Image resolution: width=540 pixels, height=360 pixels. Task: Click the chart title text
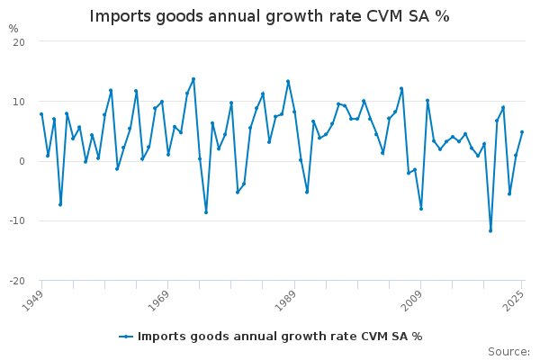click(x=269, y=17)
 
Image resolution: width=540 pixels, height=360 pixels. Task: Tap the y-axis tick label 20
click(x=19, y=42)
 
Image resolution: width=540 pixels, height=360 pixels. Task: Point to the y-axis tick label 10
click(x=19, y=102)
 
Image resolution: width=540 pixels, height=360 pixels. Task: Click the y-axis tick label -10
click(x=16, y=220)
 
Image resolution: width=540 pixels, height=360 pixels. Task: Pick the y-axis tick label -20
click(x=16, y=280)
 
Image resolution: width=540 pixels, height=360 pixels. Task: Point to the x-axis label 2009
click(x=410, y=299)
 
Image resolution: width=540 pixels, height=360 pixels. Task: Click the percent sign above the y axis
click(x=13, y=29)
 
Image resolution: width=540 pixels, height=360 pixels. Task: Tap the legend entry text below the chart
click(x=280, y=337)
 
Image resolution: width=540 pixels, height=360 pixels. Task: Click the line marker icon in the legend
click(x=126, y=337)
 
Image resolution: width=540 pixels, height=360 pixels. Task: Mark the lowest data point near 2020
click(x=490, y=231)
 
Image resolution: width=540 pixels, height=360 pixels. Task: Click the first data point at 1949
click(x=41, y=114)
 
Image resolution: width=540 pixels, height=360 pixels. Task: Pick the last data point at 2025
click(x=522, y=132)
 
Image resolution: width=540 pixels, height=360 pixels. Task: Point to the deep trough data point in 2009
click(x=421, y=209)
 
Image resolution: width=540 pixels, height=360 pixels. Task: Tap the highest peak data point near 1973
click(x=193, y=79)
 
